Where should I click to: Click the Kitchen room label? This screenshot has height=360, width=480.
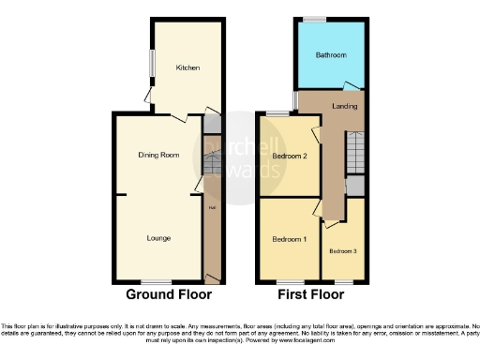187,67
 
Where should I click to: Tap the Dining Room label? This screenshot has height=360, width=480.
158,155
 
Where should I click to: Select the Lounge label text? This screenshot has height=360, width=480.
158,238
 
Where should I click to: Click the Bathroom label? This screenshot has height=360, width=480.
330,55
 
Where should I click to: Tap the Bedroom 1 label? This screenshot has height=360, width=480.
289,240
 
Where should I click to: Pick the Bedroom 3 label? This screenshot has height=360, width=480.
341,250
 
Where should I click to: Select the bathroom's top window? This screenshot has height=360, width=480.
313,18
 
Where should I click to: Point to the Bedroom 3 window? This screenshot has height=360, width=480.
343,281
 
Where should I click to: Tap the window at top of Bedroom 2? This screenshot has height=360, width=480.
276,113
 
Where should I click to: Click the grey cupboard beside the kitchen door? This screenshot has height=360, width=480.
213,124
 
